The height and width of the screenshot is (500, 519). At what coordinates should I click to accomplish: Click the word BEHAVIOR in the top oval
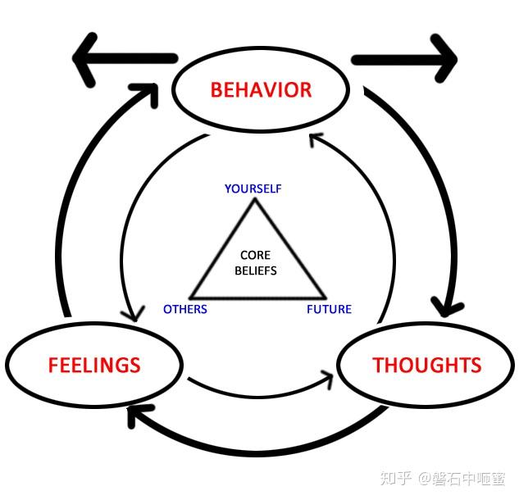point(261,89)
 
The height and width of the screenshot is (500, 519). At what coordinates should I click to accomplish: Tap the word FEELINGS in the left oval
point(94,365)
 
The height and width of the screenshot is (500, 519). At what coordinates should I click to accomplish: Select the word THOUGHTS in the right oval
point(426,365)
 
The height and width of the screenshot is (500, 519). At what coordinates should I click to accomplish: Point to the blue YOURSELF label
point(253,189)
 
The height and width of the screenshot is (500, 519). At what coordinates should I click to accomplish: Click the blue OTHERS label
point(185,309)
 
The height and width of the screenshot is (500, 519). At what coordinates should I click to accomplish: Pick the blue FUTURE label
point(329,309)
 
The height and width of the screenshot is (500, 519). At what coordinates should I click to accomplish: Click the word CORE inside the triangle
point(255,256)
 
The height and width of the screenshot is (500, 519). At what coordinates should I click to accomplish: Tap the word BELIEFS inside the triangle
point(256,270)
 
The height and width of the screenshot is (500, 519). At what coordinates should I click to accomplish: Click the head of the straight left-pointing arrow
point(86,59)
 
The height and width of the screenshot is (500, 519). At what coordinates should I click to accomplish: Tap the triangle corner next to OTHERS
point(190,297)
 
